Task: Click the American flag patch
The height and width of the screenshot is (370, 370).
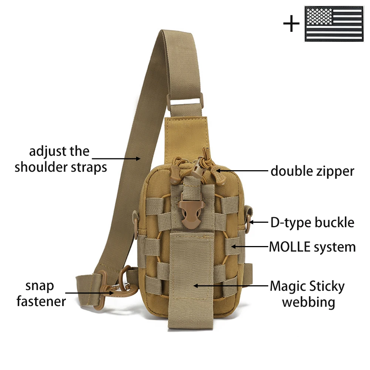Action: pyautogui.click(x=334, y=24)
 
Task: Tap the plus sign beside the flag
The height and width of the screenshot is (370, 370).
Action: pyautogui.click(x=291, y=23)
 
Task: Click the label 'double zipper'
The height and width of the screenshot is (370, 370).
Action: pyautogui.click(x=312, y=171)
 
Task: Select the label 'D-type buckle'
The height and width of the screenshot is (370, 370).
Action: pyautogui.click(x=312, y=222)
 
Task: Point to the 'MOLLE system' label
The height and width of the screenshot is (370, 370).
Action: pyautogui.click(x=312, y=247)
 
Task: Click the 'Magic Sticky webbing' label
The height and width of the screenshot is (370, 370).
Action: pyautogui.click(x=307, y=294)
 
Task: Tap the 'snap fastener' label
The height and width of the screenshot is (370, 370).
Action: pyautogui.click(x=41, y=293)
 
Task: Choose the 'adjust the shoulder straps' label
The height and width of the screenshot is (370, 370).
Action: pyautogui.click(x=61, y=159)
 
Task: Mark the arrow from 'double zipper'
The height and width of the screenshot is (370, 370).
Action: pyautogui.click(x=242, y=170)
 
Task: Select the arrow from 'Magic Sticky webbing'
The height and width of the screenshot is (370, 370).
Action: pyautogui.click(x=231, y=286)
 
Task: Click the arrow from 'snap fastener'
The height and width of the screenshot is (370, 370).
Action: pyautogui.click(x=90, y=293)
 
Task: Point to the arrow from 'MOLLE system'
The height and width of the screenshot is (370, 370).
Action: pyautogui.click(x=250, y=246)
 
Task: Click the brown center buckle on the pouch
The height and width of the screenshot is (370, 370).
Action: pyautogui.click(x=189, y=214)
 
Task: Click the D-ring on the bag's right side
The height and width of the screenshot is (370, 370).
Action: pyautogui.click(x=249, y=222)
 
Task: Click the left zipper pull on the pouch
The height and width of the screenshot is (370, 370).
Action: pyautogui.click(x=176, y=174)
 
